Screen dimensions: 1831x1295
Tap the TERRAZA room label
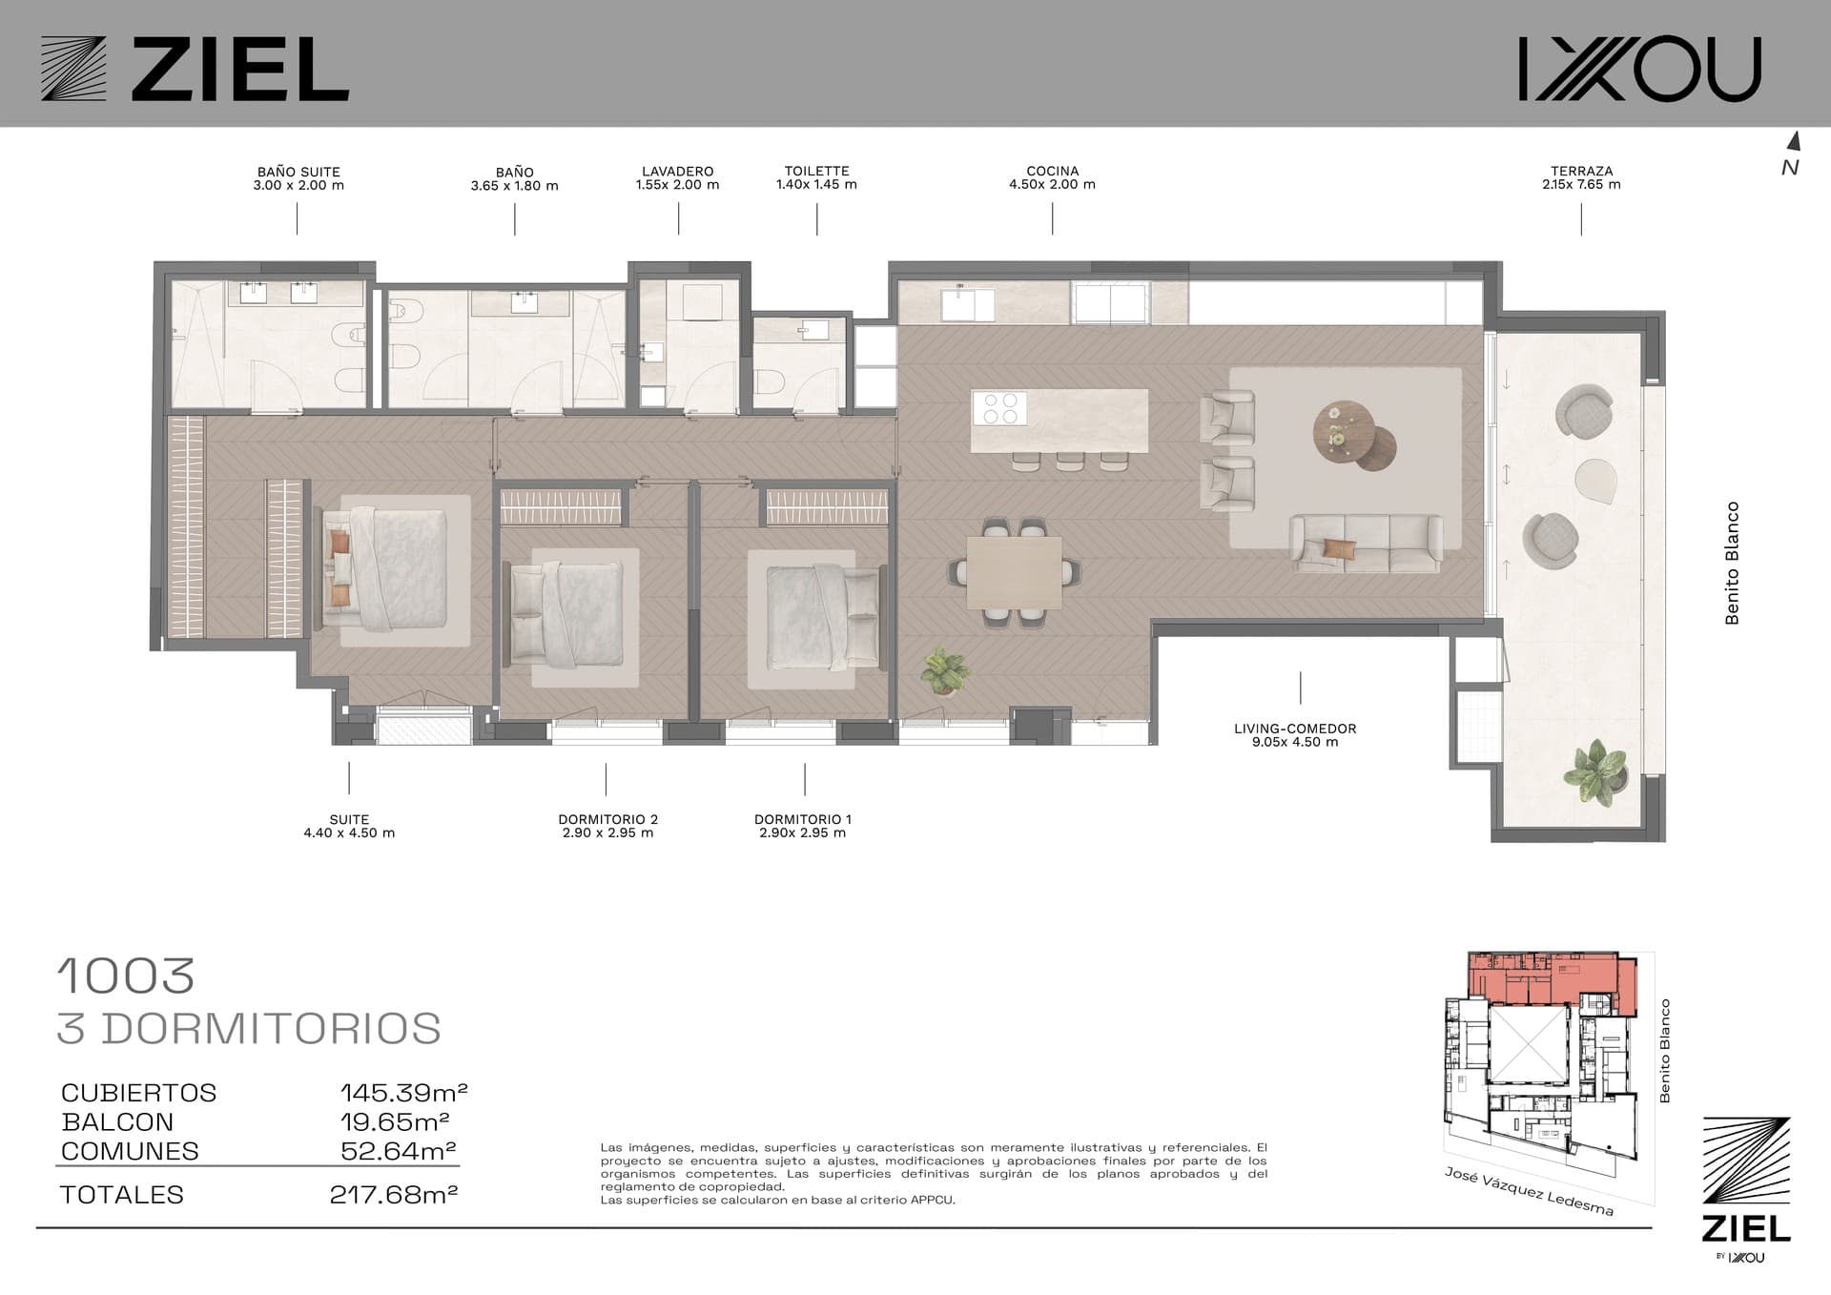click(1581, 172)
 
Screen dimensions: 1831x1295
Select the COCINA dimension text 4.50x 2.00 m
click(1052, 185)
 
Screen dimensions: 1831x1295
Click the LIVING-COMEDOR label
click(1295, 729)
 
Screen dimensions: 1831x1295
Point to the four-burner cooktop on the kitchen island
click(998, 409)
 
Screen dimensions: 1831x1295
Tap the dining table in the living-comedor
click(1014, 572)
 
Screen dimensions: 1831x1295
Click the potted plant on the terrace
click(1597, 769)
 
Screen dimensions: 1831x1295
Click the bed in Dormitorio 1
click(822, 616)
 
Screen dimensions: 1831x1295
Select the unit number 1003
click(126, 976)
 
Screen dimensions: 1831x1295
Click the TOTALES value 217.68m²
click(394, 1194)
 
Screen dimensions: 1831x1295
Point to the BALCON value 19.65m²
click(395, 1121)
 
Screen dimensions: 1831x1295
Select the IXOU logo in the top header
click(1639, 69)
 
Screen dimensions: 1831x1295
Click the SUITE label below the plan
click(349, 819)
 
